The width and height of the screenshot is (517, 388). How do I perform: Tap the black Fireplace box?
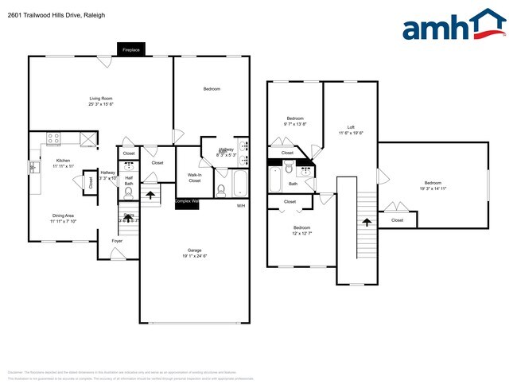[x=131, y=49]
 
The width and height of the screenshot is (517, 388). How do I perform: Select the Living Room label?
[x=100, y=99]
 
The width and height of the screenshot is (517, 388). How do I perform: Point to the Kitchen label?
[x=41, y=161]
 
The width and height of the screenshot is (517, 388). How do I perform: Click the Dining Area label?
[x=41, y=215]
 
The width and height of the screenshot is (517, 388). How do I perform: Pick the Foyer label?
[x=117, y=239]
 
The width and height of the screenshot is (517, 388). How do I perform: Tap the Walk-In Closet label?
[x=195, y=177]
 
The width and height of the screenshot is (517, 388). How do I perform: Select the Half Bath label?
[x=129, y=180]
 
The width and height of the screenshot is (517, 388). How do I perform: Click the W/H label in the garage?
[x=240, y=206]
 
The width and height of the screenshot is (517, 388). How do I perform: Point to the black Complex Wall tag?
[x=188, y=202]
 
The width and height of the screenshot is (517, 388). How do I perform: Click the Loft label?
[x=351, y=127]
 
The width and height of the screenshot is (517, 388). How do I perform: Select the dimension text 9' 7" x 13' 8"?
[x=295, y=124]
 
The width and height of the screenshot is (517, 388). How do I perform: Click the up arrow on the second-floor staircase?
[x=366, y=223]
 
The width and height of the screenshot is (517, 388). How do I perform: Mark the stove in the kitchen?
[x=54, y=138]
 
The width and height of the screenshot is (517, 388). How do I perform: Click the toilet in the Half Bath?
[x=129, y=193]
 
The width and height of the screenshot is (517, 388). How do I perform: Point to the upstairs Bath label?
[x=293, y=184]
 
